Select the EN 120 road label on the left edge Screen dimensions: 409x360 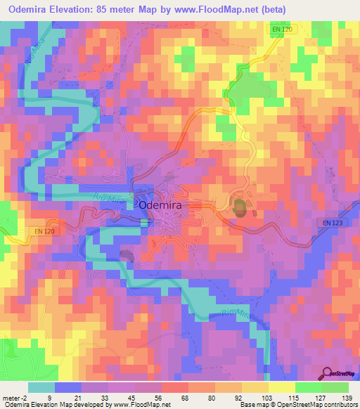point(43,229)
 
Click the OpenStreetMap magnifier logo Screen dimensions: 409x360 point(327,372)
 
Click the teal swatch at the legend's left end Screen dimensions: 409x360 point(41,387)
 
